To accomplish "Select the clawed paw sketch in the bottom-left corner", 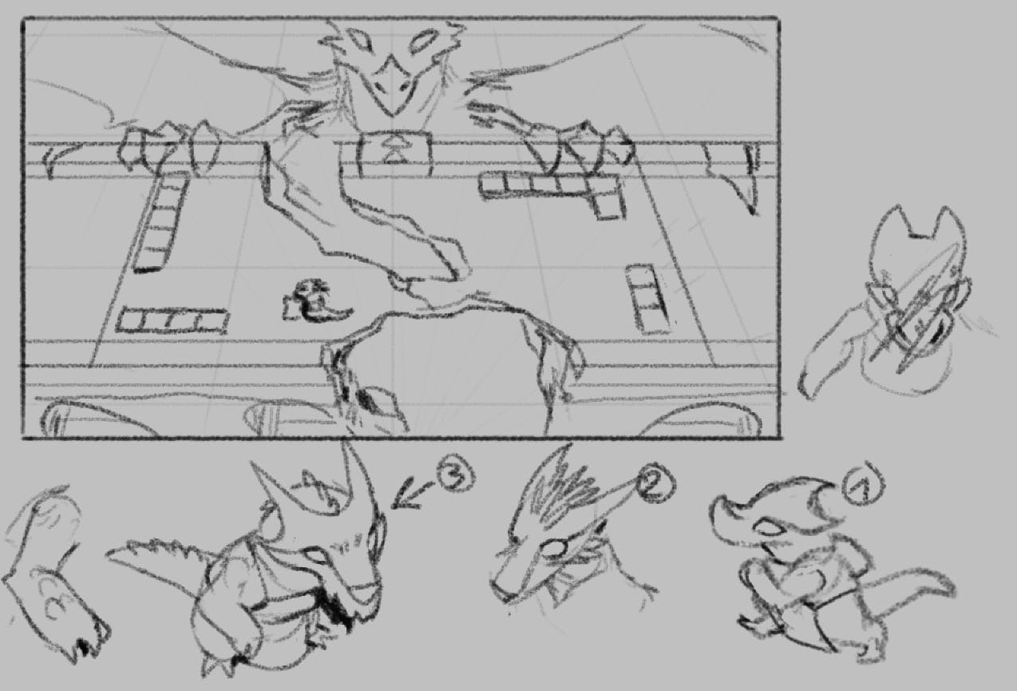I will (x=52, y=575).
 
